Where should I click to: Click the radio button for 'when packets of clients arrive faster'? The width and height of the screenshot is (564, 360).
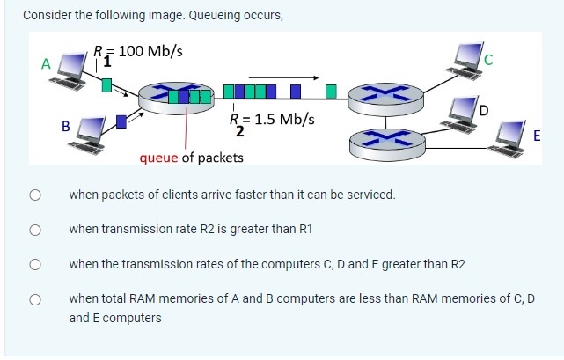(35, 195)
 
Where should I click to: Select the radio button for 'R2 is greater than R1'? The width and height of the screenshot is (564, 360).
(35, 230)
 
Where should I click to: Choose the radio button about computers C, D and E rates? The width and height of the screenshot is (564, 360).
(35, 264)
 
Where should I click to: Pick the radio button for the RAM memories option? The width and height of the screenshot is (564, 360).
(35, 299)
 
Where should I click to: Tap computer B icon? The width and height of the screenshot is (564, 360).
(91, 133)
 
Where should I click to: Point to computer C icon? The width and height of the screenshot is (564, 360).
(470, 58)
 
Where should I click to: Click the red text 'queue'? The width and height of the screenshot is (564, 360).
(159, 158)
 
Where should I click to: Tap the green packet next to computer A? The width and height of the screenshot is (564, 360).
(106, 84)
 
